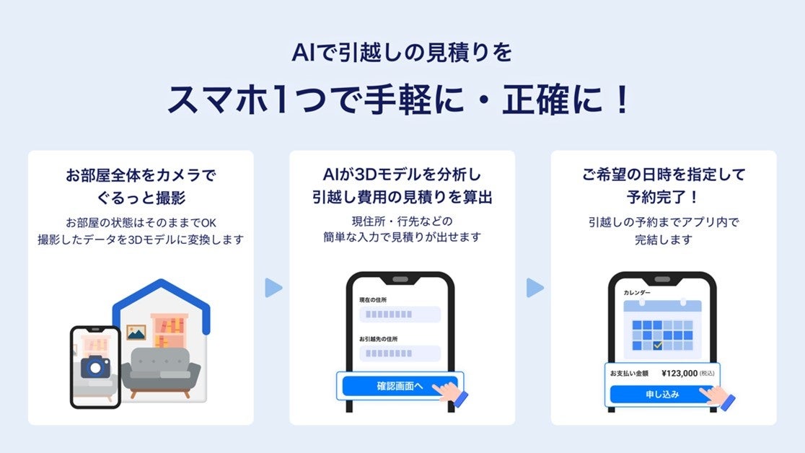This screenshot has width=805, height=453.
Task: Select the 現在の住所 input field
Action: pos(400,315)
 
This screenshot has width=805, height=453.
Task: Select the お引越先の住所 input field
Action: pos(400,353)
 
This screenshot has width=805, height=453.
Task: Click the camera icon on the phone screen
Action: pos(94,366)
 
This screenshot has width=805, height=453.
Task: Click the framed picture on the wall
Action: pos(136,333)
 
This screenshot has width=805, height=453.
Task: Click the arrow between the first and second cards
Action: pos(273,288)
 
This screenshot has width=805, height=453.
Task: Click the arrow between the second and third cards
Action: pos(534,288)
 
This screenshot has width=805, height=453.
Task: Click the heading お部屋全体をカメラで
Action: pos(141,175)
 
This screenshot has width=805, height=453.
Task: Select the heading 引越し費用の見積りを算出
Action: pos(402,196)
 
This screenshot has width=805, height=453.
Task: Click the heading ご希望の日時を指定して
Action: pos(664,175)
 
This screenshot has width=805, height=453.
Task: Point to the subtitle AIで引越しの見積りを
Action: pos(402,53)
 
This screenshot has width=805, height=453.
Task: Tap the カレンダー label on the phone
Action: pos(637,293)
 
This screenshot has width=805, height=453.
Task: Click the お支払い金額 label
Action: pos(630,374)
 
